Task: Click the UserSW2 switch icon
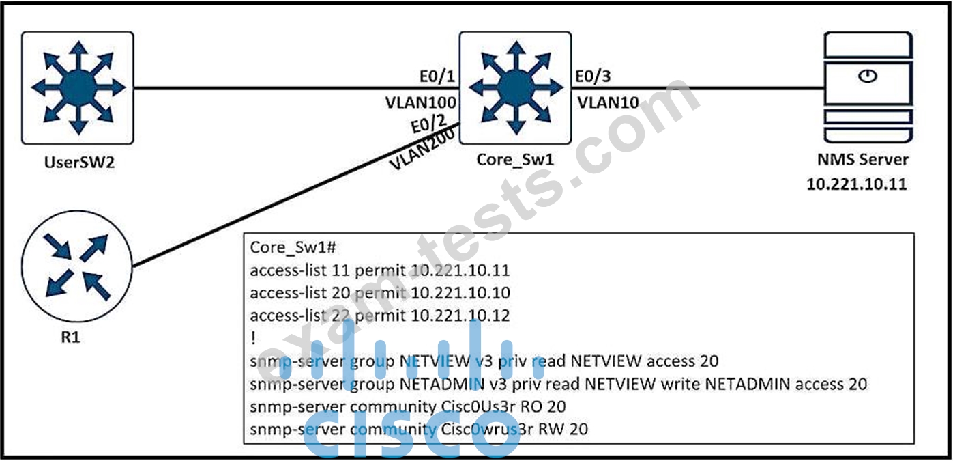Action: tap(78, 88)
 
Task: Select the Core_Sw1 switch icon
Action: tap(515, 88)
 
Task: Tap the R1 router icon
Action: tap(77, 267)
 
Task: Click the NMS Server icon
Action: tap(868, 87)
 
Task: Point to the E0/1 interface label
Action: tap(437, 76)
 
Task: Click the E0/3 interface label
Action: tap(593, 76)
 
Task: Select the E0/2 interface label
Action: tap(428, 124)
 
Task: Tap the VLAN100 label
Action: tap(420, 102)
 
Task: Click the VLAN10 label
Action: tap(608, 102)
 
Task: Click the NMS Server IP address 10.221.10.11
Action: tap(857, 184)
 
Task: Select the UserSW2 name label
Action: tap(80, 163)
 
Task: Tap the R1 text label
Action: tap(71, 337)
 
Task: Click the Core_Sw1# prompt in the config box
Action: tap(293, 247)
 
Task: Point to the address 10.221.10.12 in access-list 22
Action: tap(460, 316)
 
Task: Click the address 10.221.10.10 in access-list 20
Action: tap(460, 293)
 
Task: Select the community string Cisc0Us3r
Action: tap(478, 407)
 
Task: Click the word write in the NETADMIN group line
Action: tap(680, 385)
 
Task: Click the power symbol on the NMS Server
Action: tap(868, 76)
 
